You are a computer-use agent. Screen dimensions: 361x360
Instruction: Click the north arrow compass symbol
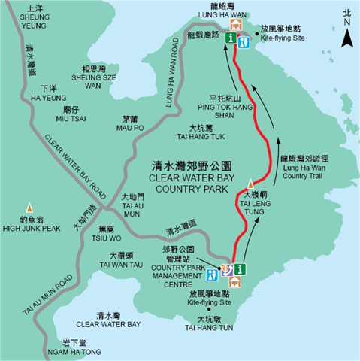coord(346,30)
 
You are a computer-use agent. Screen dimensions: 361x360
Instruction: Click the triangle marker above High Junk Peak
coord(29,206)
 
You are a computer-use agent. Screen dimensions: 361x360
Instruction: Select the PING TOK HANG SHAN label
coord(201,112)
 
